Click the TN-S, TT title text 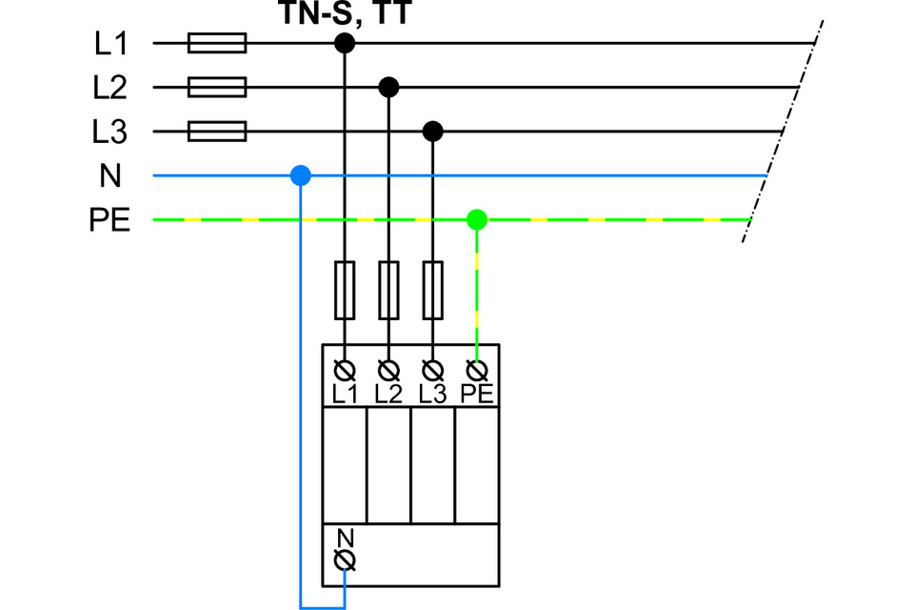344,13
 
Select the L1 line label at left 110,44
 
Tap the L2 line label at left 110,88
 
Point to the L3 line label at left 110,132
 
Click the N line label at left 109,175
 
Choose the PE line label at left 109,220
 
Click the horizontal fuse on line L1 218,44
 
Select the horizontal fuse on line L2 218,88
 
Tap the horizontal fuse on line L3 218,132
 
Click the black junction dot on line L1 344,44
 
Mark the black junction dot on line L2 388,88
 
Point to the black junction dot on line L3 433,132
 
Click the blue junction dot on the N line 301,175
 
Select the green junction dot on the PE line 478,220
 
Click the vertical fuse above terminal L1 344,290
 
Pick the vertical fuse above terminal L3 433,290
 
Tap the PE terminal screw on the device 478,369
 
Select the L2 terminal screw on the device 388,369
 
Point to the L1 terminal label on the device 344,393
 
